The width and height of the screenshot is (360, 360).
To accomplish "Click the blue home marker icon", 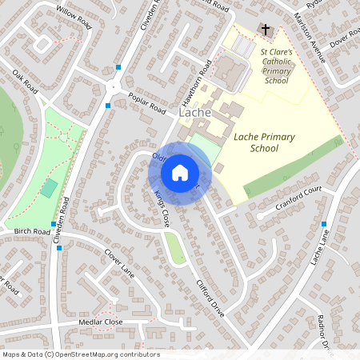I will pos(180,172).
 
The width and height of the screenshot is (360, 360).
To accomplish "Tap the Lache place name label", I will pos(195,113).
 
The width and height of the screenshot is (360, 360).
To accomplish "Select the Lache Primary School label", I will pos(264,142).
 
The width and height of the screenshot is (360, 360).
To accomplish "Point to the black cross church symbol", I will pos(265,30).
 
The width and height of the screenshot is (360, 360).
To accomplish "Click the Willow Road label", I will pos(74,15).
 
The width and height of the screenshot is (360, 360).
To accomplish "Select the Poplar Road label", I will pos(146,102).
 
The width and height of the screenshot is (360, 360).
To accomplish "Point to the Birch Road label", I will pos(32,231).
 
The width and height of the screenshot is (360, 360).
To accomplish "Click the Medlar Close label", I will pos(102,322).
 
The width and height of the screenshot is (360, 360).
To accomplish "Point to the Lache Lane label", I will pos(321,246).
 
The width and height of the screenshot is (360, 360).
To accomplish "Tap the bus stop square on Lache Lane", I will pos(324,224).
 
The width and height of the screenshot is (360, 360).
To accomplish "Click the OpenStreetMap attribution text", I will pos(80,354).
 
